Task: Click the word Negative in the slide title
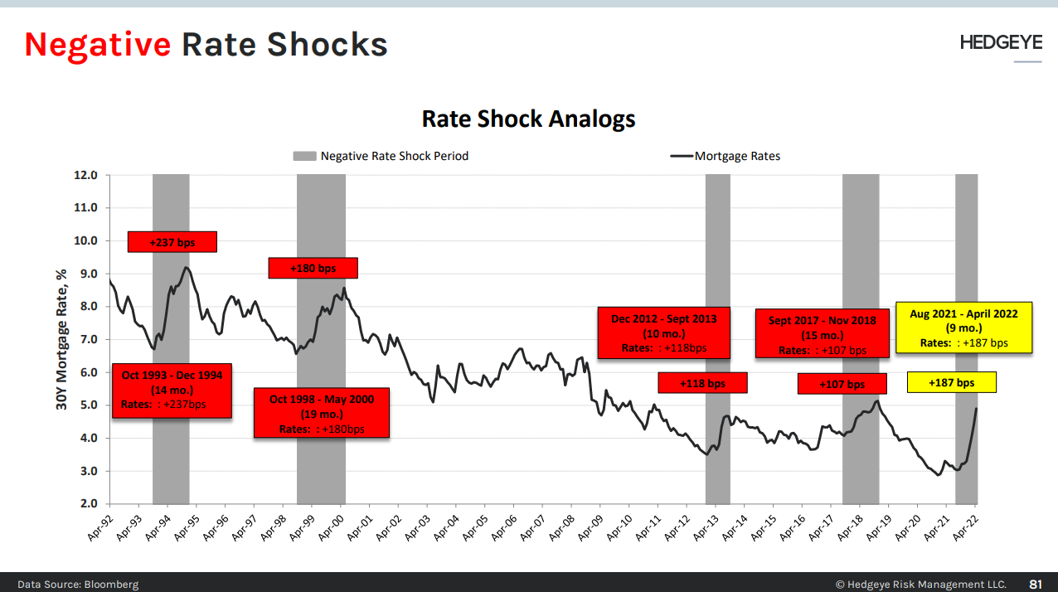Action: [97, 44]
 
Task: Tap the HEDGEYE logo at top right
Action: [1001, 42]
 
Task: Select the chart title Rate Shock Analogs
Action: [528, 119]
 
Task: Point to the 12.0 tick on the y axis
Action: [86, 176]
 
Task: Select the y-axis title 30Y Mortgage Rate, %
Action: [61, 341]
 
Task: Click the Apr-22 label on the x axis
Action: [966, 524]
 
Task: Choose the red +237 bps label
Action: [172, 241]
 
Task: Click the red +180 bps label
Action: [313, 268]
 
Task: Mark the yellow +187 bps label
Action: [951, 382]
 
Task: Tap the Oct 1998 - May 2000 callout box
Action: [321, 414]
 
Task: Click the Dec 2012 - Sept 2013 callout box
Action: [663, 332]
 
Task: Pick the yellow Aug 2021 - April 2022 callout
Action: [963, 328]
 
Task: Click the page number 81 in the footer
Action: [1035, 584]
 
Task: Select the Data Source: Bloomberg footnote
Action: [78, 584]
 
